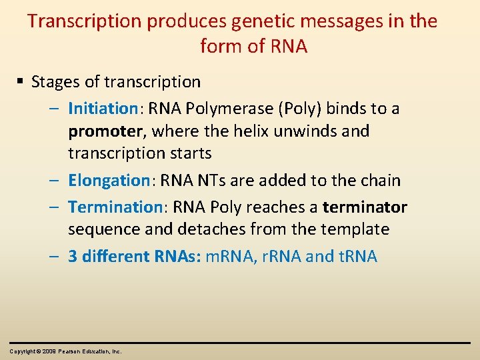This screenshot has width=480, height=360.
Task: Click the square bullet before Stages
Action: click(21, 82)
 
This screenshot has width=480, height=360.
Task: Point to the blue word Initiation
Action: click(103, 108)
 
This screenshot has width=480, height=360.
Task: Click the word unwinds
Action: click(307, 131)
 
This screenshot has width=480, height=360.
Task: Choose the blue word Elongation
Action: click(109, 180)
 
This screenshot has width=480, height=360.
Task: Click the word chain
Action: click(379, 180)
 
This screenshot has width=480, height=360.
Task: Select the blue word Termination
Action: click(115, 207)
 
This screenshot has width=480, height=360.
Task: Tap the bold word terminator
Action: click(365, 207)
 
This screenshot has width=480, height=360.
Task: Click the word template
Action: click(355, 229)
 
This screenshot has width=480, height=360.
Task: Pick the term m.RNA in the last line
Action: click(224, 257)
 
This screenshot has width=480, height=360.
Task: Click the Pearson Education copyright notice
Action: click(65, 351)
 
